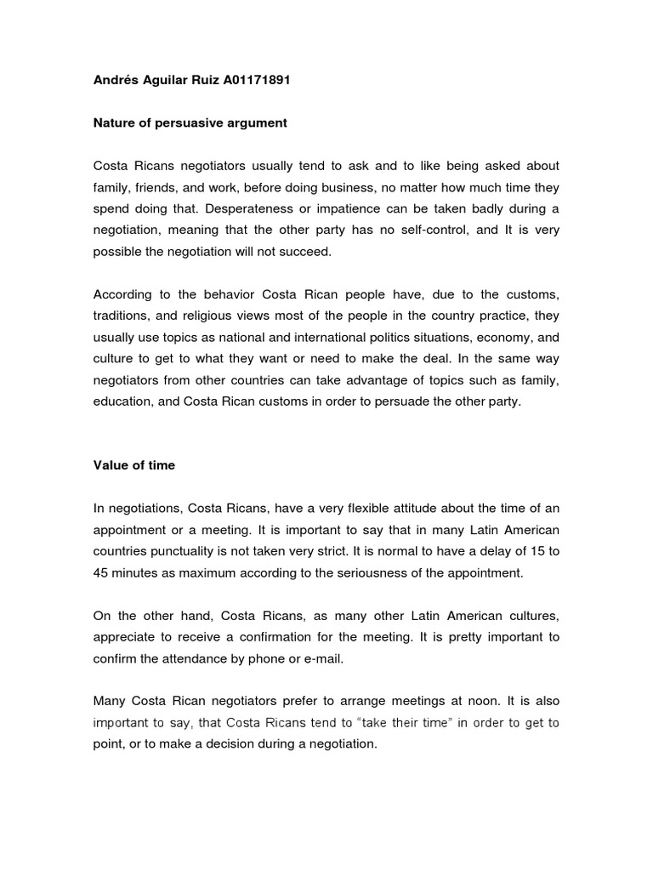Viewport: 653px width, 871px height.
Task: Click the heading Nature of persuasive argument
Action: (x=190, y=123)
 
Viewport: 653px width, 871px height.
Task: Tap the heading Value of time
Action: (x=133, y=466)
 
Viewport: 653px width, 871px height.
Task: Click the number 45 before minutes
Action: (x=102, y=573)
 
